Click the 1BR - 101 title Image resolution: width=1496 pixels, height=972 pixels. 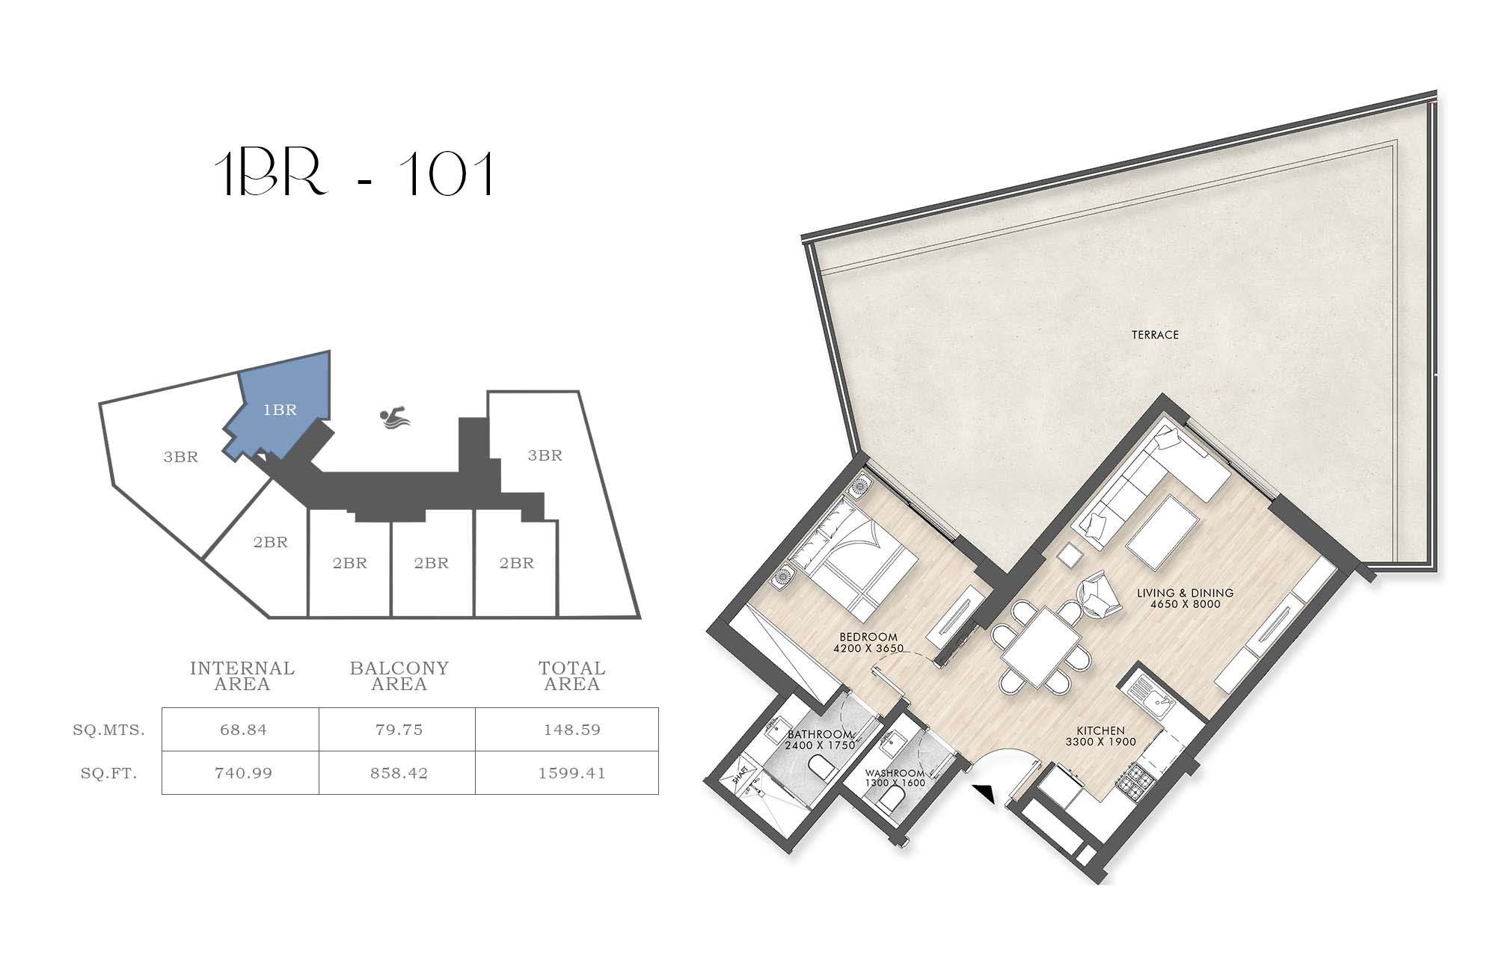click(354, 174)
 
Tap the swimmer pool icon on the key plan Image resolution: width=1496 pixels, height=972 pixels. click(395, 418)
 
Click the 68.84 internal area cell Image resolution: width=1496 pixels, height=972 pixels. click(243, 730)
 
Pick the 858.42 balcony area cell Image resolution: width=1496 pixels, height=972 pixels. click(399, 773)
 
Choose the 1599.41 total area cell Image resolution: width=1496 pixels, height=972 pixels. click(571, 773)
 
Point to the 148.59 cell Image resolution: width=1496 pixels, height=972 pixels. click(571, 730)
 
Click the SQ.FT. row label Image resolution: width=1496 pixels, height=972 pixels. click(109, 774)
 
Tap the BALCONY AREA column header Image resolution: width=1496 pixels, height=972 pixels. click(399, 676)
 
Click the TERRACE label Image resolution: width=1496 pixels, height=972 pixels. click(1155, 335)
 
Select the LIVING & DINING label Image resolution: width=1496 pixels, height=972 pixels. click(1186, 593)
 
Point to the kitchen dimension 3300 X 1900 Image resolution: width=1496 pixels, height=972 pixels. click(1101, 742)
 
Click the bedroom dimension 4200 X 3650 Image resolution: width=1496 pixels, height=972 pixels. click(868, 648)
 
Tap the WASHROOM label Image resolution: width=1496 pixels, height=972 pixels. click(895, 773)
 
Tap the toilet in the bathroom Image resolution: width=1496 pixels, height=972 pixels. click(821, 770)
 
